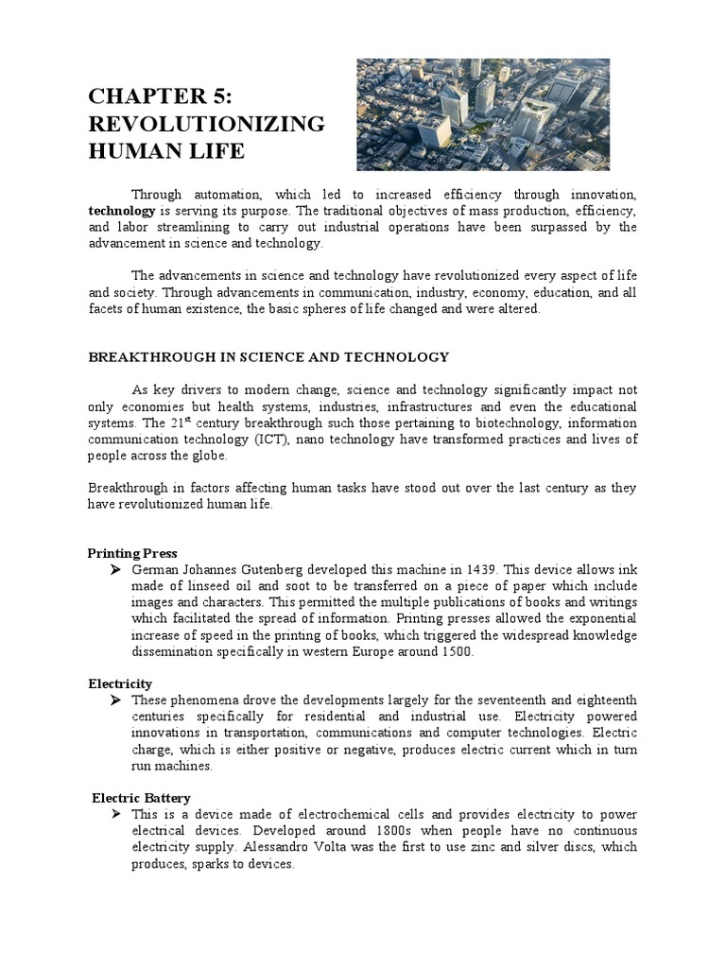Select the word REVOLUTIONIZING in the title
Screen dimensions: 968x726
coord(206,124)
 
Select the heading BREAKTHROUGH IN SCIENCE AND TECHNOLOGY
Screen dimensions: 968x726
coord(268,356)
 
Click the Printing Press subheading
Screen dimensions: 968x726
coord(132,553)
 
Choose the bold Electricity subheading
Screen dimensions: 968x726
coord(120,683)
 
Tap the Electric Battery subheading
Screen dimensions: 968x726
coord(141,798)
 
